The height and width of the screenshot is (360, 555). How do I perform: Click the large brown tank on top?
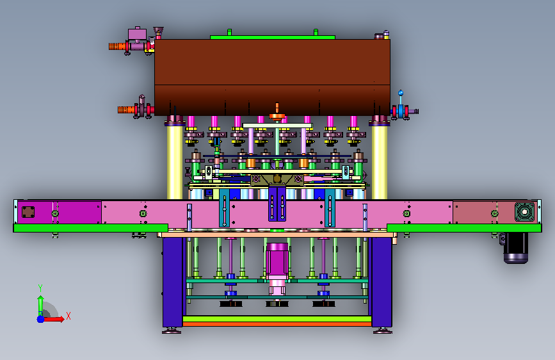coord(272,78)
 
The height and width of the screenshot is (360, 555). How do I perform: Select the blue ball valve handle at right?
coord(401,93)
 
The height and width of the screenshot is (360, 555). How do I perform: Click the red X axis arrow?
coord(54,319)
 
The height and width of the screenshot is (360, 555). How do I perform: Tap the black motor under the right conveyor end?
coord(516,248)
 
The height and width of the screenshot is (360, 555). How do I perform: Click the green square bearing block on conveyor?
coord(524,212)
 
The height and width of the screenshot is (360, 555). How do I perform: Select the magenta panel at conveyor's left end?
coord(60,212)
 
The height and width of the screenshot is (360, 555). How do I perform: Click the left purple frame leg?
coord(173,282)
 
